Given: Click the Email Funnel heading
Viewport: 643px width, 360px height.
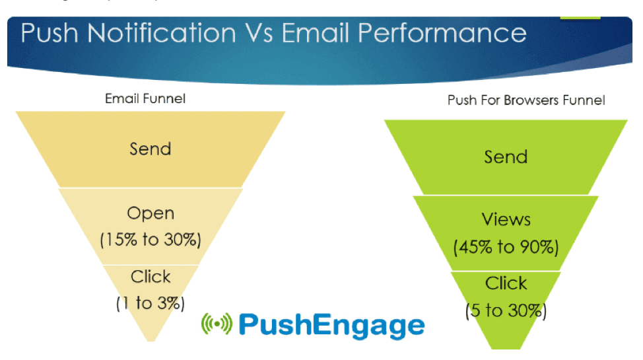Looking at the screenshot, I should point(145,99).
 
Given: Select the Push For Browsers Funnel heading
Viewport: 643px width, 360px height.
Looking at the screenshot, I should point(526,101).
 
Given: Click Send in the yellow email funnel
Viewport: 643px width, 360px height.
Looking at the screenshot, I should point(151,149).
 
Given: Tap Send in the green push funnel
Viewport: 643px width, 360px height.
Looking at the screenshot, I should point(506,157).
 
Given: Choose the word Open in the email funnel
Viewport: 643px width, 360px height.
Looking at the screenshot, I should point(151,214).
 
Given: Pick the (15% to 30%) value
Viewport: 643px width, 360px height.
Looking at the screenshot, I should point(151,240).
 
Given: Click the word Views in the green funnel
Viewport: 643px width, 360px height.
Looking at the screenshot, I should point(506,220).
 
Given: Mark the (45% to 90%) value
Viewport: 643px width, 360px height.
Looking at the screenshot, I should point(506,248).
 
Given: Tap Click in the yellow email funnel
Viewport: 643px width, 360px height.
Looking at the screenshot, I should point(151,277).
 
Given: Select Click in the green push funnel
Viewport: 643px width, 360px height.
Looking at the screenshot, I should point(506,283).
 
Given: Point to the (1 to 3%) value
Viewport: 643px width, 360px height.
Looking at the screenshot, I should point(151,303).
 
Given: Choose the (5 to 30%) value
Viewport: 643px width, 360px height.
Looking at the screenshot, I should point(506,310).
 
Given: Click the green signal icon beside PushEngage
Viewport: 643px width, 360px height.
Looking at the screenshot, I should point(217,324).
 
